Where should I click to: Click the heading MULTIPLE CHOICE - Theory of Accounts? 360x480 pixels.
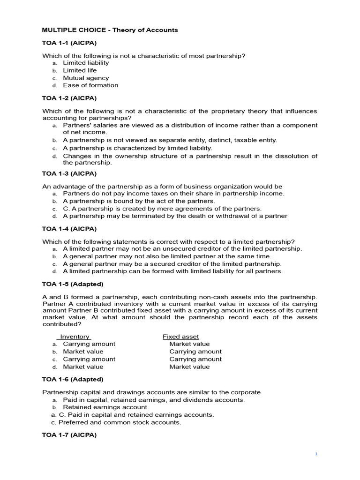[110, 30]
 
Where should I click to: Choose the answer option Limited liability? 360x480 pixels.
[86, 63]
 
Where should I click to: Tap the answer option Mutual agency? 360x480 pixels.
[86, 78]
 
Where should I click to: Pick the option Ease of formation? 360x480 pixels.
[90, 85]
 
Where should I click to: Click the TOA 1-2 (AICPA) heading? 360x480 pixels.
[69, 98]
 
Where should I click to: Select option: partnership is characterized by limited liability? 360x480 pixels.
[137, 148]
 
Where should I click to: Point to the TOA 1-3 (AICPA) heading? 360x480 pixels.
[69, 174]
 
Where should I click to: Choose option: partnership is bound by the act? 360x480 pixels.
[139, 201]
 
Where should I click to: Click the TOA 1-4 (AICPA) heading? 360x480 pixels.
[69, 229]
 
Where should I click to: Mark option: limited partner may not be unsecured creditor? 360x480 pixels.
[182, 249]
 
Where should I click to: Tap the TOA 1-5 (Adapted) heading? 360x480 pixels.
[73, 285]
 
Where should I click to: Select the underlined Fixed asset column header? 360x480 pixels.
[180, 337]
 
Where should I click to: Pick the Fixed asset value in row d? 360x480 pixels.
[189, 367]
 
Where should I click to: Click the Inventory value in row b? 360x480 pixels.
[83, 352]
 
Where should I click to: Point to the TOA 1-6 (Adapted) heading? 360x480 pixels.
[73, 380]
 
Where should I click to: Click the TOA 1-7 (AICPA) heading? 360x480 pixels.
[69, 435]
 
